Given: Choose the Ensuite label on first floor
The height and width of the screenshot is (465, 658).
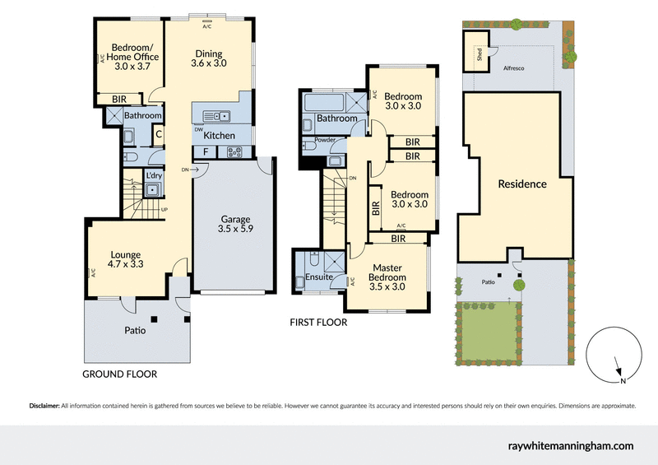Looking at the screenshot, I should pos(319,277).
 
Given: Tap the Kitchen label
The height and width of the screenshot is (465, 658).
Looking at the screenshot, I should pos(220,136).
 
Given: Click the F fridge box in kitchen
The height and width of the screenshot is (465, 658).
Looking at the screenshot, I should pos(205,152).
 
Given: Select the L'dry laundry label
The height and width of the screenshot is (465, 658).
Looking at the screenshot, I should pos(153,175).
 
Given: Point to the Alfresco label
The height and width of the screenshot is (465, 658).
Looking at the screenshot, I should pos(514,70).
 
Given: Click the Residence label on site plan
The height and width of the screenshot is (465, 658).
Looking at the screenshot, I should pos(522,184).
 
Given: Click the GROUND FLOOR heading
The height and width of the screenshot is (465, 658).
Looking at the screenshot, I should pos(119,374).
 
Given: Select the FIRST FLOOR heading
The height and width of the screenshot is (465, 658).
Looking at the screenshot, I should pos(317,323).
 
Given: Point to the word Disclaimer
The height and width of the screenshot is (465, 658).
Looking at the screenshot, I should pos(44,406).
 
